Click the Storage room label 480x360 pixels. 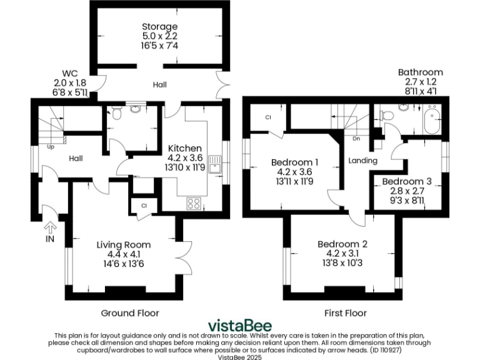point(159,27)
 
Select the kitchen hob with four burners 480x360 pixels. point(194,202)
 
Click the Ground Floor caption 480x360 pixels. point(130,312)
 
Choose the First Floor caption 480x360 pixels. point(346,312)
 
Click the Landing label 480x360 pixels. point(363,161)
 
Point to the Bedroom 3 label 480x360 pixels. point(407,181)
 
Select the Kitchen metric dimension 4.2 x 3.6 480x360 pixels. point(184,157)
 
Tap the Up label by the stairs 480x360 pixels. point(50,147)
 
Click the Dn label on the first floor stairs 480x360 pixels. point(356,139)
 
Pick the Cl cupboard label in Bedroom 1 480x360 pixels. point(267,117)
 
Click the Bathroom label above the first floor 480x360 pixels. point(420,72)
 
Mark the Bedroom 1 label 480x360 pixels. point(294,162)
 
